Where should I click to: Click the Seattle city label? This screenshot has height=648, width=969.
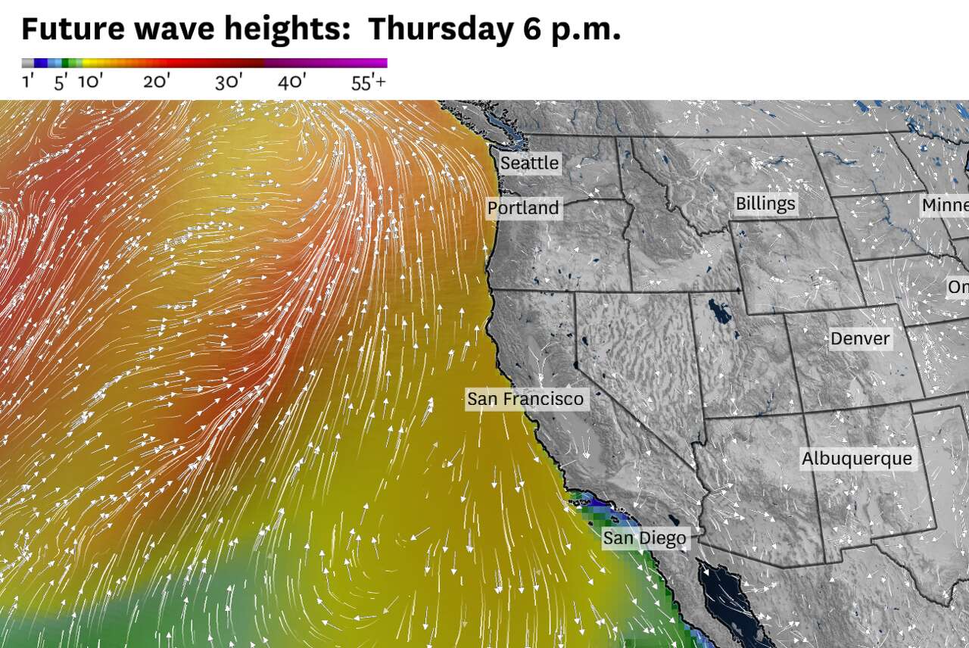530,163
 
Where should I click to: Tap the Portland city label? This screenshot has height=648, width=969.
523,208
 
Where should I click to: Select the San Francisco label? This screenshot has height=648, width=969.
525,399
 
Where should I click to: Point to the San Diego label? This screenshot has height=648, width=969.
645,539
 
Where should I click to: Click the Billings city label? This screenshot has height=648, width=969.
765,204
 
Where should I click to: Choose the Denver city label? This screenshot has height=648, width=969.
860,338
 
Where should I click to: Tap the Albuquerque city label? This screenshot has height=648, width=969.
857,459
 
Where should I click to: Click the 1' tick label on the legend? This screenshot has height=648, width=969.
28,82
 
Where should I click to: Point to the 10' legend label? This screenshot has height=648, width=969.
90,82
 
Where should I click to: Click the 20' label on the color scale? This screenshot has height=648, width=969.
157,82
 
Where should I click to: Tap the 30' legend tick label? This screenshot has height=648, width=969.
228,82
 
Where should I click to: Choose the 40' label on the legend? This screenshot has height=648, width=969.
291,82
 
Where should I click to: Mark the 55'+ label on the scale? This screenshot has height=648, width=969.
369,82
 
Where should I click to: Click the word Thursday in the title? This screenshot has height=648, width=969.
440,29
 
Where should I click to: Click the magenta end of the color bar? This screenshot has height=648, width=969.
379,64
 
